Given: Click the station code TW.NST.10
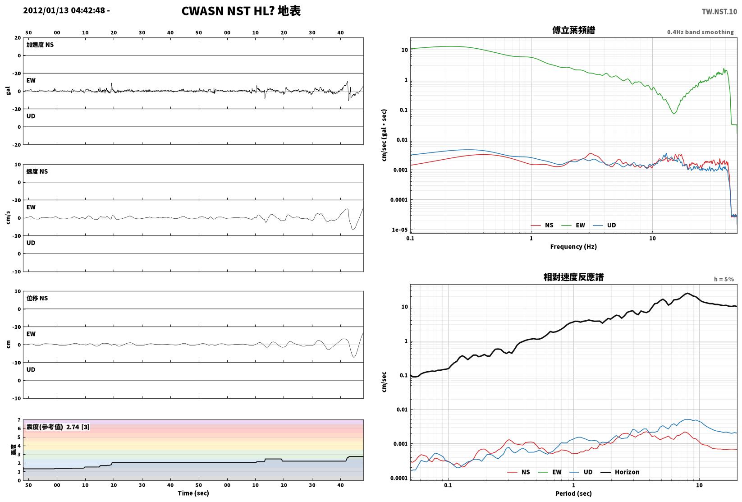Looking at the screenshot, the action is coord(719,12).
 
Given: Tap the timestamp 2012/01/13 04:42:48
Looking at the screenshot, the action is coord(64,10).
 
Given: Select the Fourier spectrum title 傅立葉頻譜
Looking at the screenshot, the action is coord(573,30).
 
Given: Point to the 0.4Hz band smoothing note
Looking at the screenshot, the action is coord(700,32).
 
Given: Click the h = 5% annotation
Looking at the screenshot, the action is coord(724,279).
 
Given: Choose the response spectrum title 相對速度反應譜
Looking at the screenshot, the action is coord(573,277).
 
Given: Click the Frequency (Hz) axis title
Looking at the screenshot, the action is coord(573,247).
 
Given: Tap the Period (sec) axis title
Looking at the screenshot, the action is coord(573,493).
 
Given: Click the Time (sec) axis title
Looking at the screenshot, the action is coord(193,493).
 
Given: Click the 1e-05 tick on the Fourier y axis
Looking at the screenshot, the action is coord(399,230).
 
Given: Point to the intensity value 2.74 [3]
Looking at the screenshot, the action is coord(78,427).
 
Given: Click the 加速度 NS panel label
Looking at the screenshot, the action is coord(40,45).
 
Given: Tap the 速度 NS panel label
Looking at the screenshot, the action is coord(37,171).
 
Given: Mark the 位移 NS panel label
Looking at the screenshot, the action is coord(37,298).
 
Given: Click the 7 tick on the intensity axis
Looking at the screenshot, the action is coord(19,420).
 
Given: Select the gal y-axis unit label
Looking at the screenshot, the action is coord(8,91).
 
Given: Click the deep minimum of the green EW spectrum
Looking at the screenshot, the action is coord(674,114).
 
